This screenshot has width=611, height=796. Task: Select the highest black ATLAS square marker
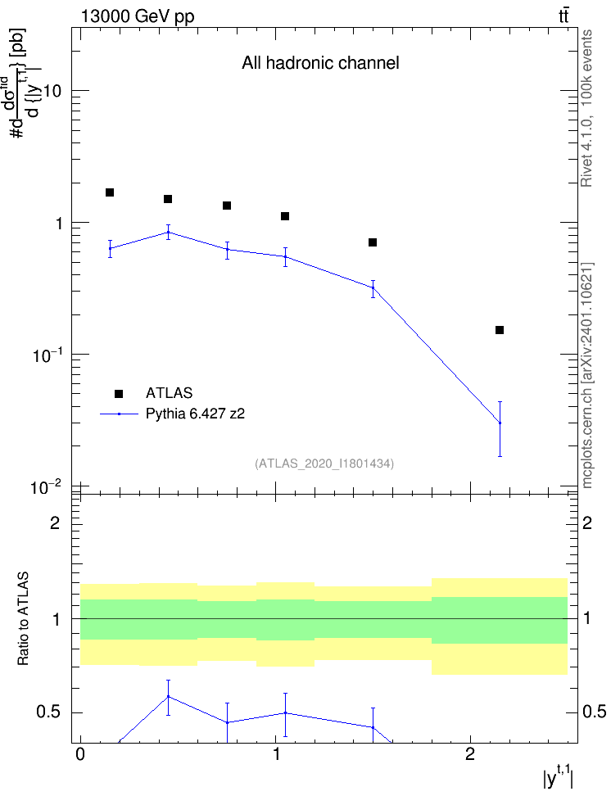110,192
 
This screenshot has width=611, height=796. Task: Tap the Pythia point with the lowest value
500,423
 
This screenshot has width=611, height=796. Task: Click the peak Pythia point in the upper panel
168,233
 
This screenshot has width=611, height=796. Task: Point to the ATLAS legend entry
154,393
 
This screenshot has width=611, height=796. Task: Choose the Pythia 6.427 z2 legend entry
173,414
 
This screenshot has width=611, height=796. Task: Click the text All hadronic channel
320,63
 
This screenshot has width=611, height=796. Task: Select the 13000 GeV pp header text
138,16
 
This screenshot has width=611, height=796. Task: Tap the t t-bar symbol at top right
563,16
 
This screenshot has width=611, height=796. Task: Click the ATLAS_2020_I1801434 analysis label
324,463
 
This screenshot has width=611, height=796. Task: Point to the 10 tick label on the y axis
52,92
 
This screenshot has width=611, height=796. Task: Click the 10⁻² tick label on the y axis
46,486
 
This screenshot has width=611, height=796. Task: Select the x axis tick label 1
276,754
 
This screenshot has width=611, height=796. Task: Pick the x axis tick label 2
470,754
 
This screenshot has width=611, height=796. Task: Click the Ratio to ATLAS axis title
23,619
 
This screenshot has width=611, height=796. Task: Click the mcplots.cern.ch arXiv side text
587,376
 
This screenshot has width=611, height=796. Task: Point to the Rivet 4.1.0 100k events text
586,108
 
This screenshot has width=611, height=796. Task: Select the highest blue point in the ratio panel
168,696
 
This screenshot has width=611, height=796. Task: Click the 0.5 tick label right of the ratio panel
594,712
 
